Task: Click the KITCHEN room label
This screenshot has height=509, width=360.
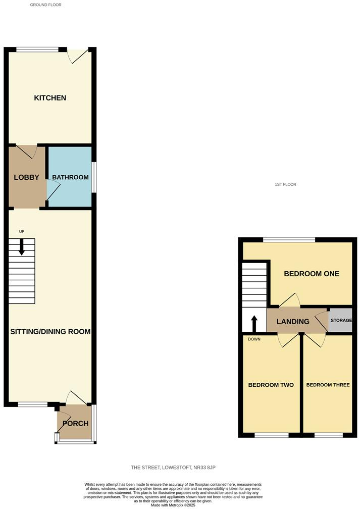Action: click(x=50, y=97)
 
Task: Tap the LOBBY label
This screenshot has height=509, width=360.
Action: click(x=26, y=177)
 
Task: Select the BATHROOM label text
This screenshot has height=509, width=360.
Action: click(x=70, y=177)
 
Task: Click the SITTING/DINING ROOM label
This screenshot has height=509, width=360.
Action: click(x=50, y=332)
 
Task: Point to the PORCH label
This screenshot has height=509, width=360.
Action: click(x=75, y=423)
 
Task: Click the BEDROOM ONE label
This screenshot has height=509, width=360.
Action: click(x=311, y=274)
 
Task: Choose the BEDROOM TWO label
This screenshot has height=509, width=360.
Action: click(x=271, y=385)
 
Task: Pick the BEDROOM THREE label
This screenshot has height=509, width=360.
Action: click(x=328, y=385)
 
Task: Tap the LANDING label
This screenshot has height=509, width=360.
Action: click(x=293, y=322)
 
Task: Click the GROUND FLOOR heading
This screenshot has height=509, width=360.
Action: click(x=46, y=5)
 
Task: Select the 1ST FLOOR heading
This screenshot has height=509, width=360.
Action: click(x=285, y=185)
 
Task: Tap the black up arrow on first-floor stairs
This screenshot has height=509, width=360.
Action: click(x=254, y=322)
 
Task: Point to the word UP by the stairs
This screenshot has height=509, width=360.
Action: click(x=22, y=231)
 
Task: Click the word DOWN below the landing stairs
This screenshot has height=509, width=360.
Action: click(x=254, y=339)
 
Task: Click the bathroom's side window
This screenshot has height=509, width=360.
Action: click(x=93, y=177)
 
